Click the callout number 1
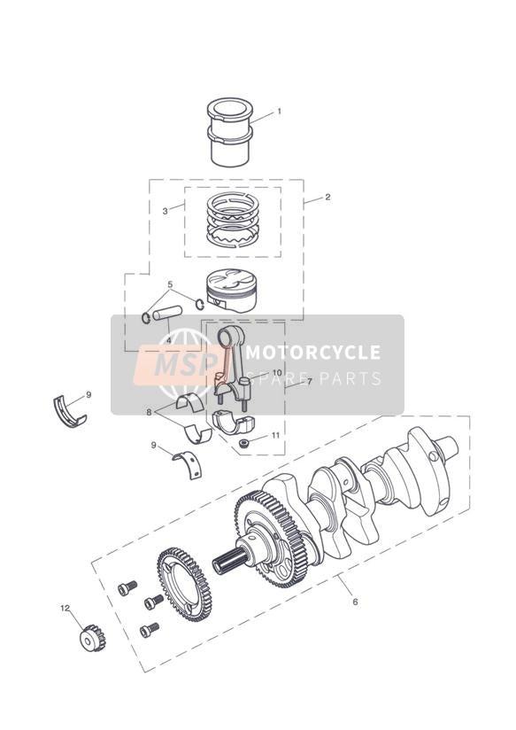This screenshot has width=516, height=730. [279, 112]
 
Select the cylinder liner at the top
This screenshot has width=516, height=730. [230, 132]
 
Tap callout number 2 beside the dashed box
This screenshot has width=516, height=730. [327, 197]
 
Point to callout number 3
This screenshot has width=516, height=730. [166, 212]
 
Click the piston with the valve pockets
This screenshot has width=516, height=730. [231, 291]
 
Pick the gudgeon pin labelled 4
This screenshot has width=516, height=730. [166, 312]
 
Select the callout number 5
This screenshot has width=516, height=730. [170, 284]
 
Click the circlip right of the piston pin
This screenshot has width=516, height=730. [200, 305]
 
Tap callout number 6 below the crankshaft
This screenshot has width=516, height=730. [356, 602]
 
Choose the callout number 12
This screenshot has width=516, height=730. [65, 608]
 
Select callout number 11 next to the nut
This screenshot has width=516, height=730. [276, 435]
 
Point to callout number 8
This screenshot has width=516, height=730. [149, 412]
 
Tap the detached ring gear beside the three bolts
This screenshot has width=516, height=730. [184, 585]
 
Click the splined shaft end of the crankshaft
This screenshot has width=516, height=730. [229, 560]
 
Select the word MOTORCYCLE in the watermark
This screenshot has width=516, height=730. [312, 353]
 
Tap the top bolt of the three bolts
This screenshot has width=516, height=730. [127, 588]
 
